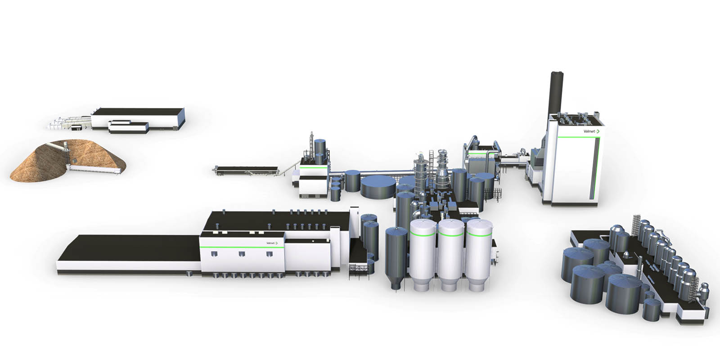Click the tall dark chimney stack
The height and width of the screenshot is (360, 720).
557,93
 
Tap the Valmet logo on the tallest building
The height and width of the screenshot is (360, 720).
591,131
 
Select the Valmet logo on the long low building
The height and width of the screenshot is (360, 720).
272,243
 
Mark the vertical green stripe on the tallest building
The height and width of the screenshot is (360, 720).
597,167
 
